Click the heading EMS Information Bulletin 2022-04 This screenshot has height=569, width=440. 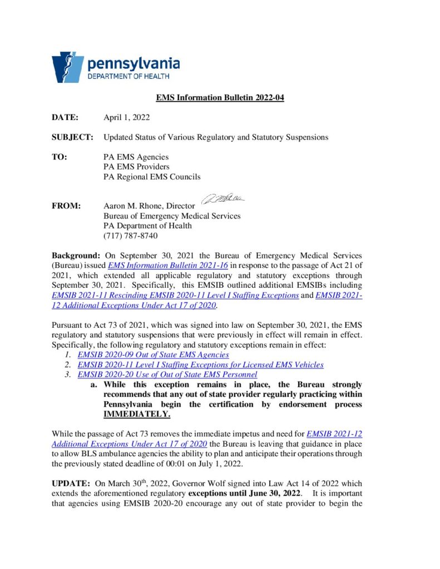[x=220, y=98]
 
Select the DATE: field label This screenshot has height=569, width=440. [x=65, y=117]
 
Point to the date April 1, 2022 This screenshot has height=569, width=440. [x=126, y=117]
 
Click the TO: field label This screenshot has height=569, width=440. [x=60, y=157]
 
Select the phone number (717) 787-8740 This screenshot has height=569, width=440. [x=130, y=236]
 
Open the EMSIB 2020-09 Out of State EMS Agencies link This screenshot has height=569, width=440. [x=153, y=355]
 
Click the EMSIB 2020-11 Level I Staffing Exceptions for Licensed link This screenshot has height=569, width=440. [x=200, y=365]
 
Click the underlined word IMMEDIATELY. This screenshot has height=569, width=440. [x=137, y=415]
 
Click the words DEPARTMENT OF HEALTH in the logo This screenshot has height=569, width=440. [x=128, y=76]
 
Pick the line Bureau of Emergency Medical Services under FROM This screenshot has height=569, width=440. [x=172, y=216]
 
